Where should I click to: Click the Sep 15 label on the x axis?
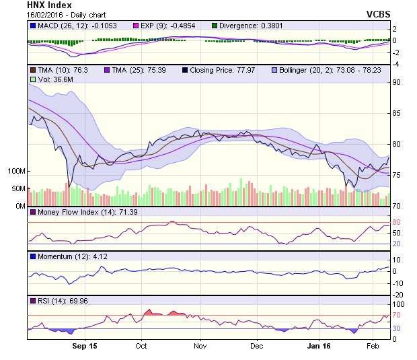tap(83, 346)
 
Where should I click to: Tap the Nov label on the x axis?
tap(200, 346)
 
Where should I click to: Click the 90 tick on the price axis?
tap(397, 82)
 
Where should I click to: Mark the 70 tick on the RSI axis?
tap(397, 315)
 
